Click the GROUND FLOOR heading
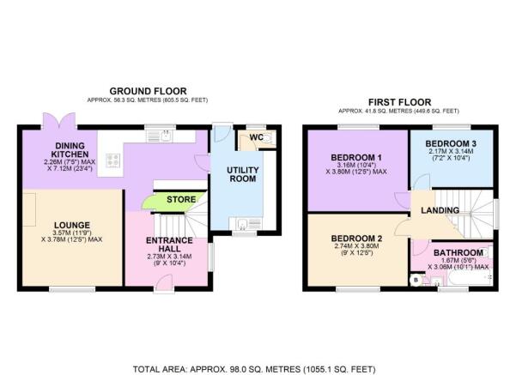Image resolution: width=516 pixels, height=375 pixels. (x=148, y=91)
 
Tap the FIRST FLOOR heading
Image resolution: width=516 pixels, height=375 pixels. (x=399, y=102)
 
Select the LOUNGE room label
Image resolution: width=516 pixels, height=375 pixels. (x=72, y=226)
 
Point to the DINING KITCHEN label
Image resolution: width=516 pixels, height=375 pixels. (x=70, y=149)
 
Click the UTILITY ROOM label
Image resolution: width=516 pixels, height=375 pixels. (x=243, y=174)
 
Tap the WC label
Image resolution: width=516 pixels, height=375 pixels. (x=256, y=137)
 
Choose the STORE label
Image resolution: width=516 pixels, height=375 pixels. (x=181, y=199)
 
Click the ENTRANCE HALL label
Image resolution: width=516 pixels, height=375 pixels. (x=169, y=245)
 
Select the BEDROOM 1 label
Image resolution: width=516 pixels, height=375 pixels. (x=356, y=157)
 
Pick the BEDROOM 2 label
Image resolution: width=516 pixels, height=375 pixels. (x=356, y=239)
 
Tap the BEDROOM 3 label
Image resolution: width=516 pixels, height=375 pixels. (x=451, y=144)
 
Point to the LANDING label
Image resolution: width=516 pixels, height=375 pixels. (x=440, y=210)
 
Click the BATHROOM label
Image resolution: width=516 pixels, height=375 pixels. (x=458, y=252)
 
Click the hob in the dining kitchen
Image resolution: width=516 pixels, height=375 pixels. (x=112, y=160)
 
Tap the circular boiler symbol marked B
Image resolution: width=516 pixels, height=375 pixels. (x=416, y=281)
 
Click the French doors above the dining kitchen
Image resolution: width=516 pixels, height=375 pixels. (x=59, y=120)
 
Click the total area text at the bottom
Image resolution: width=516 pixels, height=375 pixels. (x=254, y=369)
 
